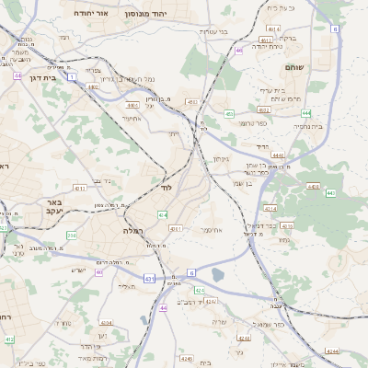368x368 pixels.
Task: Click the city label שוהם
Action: [320, 66]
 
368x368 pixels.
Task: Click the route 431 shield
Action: [150, 277]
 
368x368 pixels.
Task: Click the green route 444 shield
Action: [306, 113]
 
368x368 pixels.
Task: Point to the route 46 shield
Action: [238, 51]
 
